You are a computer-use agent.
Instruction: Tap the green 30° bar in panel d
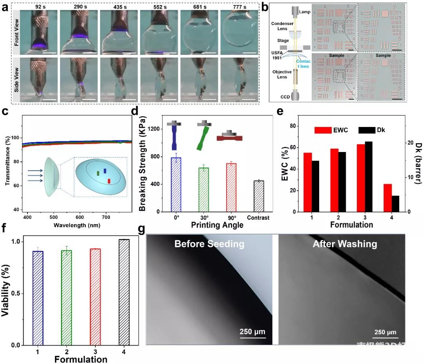click(x=203, y=190)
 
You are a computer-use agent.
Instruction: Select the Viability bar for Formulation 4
click(x=124, y=292)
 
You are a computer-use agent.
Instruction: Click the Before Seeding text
click(x=209, y=244)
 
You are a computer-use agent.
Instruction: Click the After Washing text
click(x=345, y=244)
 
